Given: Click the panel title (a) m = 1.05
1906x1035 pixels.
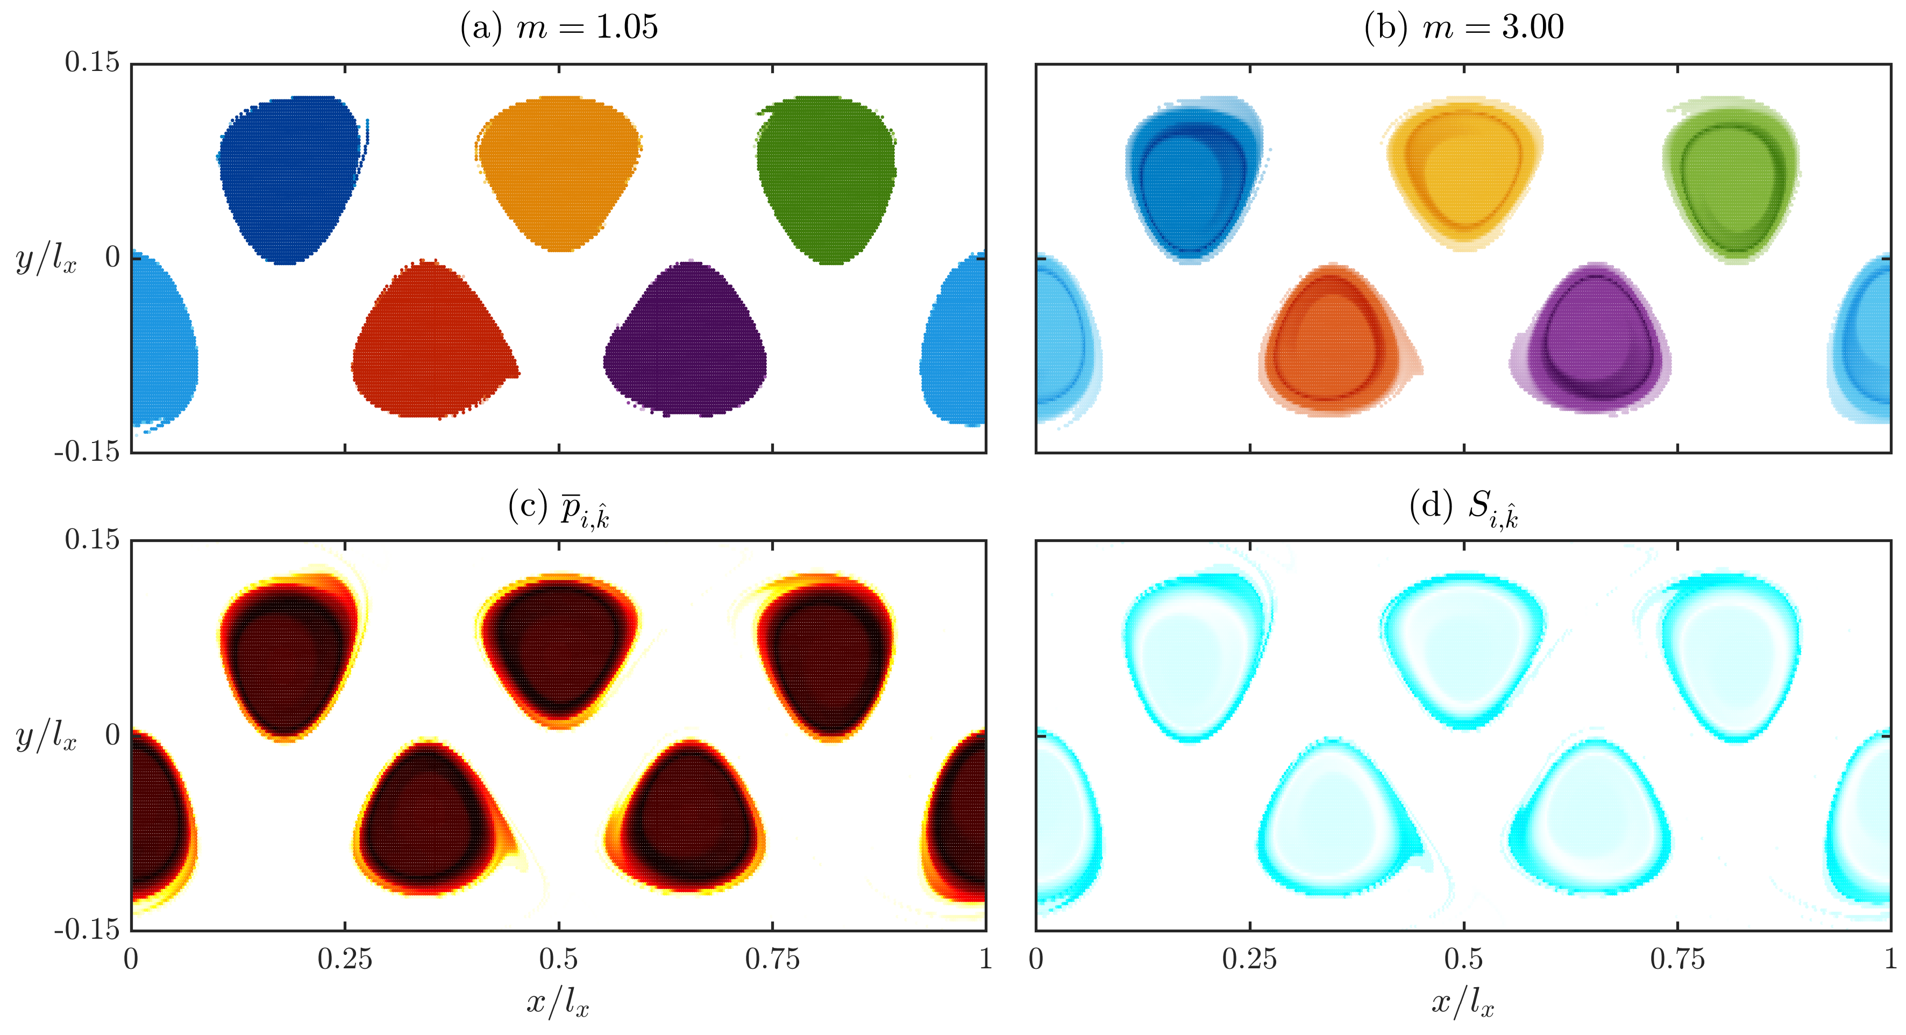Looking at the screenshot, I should coord(559,27).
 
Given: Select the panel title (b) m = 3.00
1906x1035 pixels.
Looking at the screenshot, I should coord(1463,27).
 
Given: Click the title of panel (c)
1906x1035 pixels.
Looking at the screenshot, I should coord(559,508).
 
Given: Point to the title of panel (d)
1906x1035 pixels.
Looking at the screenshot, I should coord(1463,508).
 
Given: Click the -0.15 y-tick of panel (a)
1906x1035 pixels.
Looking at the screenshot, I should coord(87,451).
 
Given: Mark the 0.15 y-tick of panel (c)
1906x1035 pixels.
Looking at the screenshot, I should coord(92,539).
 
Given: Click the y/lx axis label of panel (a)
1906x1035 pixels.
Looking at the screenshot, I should coord(46,259).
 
